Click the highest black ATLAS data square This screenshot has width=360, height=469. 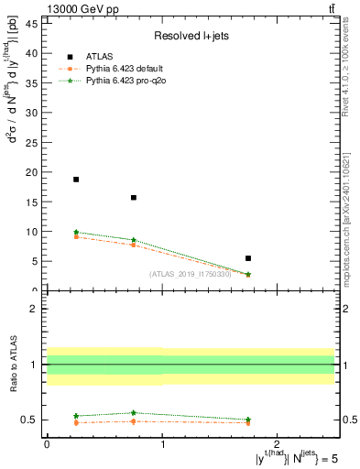tap(76, 180)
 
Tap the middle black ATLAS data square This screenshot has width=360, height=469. tap(134, 197)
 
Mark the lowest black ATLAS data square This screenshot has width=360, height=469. tap(248, 258)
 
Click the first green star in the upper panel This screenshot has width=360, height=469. tap(76, 233)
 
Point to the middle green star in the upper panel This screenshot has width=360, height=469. tap(134, 240)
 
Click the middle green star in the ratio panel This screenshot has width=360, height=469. tap(134, 413)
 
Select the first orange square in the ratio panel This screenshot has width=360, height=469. tap(76, 422)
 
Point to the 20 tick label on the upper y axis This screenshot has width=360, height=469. tap(30, 172)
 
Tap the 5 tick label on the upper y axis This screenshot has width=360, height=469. tap(33, 261)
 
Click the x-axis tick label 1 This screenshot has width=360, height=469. tap(162, 444)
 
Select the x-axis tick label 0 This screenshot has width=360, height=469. tap(47, 444)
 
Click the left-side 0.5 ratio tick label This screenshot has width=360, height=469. tap(29, 420)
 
